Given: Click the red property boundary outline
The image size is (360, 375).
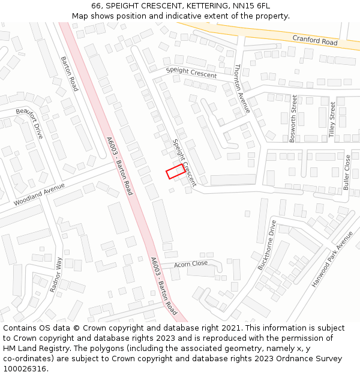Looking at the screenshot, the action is coord(175,171).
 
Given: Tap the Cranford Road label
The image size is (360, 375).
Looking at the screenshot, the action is coord(315,40).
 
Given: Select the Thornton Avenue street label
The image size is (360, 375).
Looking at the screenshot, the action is coord(242,89).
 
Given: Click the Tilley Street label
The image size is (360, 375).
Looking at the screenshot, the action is coord(332,119).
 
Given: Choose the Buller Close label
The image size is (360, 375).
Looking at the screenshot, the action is coord(347,172).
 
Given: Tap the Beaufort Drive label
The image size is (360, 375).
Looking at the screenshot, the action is coord(30,124).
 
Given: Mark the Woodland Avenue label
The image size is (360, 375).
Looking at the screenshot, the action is coord(39,194).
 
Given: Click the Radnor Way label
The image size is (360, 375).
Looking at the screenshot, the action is coord(56,274).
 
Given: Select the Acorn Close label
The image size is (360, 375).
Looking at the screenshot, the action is coord(191,263).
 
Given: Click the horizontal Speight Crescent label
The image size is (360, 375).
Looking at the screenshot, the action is coord(191,73).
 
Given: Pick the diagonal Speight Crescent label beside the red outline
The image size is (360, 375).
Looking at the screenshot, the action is coord(184,162).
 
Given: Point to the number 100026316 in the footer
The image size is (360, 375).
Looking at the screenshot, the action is coord(25,369).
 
